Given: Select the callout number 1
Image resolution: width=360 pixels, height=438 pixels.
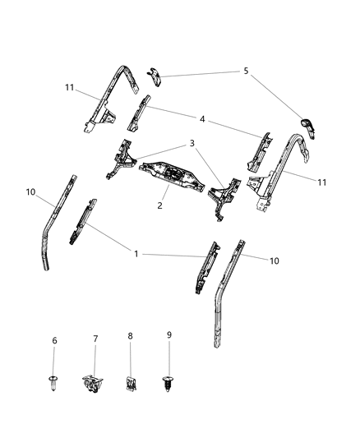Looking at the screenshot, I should point(136,255).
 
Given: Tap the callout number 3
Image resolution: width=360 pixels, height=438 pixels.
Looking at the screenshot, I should point(192,143).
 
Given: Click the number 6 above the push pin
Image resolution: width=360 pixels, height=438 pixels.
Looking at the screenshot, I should point(55,341).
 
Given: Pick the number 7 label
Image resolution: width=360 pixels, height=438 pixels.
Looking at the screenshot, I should point(95,338).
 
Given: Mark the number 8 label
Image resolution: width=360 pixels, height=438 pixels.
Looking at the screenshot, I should point(130,337).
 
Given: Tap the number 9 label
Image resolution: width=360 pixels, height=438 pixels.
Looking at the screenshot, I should point(169,335).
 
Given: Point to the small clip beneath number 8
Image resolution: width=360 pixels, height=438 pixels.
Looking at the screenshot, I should point(131,382).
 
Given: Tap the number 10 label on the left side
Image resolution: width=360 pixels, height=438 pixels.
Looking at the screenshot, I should point(30,193).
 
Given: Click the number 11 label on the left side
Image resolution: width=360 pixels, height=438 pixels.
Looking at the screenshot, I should point(71,87).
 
